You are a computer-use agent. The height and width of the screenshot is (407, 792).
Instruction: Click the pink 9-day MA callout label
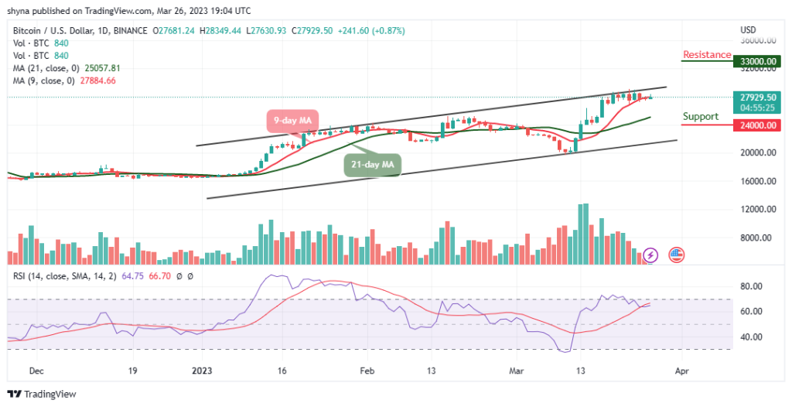click(292, 121)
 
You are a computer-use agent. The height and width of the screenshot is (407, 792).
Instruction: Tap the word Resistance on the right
click(706, 55)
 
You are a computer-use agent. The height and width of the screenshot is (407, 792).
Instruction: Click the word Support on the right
click(700, 117)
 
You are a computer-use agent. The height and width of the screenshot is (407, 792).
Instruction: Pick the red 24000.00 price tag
click(756, 123)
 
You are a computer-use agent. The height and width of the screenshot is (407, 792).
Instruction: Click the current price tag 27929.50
click(756, 97)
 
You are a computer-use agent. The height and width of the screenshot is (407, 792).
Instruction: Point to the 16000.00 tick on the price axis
click(755, 182)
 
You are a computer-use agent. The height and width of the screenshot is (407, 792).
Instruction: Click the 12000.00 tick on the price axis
click(755, 210)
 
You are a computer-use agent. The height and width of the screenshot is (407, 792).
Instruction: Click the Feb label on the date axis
click(367, 371)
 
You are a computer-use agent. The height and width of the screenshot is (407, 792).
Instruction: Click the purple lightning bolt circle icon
click(650, 254)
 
